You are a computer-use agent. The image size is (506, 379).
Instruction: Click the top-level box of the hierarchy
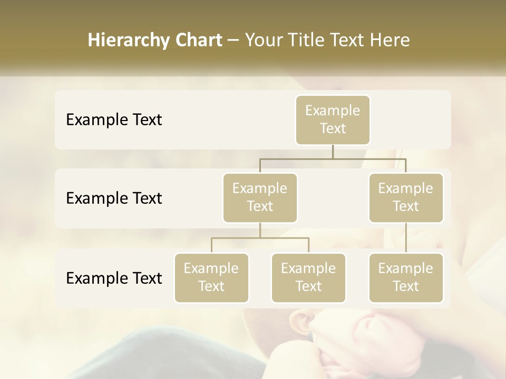point(333,119)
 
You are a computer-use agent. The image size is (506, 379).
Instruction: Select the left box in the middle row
point(260,197)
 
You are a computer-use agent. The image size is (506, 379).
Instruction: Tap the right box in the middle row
point(406,197)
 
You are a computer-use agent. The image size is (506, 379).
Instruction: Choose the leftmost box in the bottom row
point(211,277)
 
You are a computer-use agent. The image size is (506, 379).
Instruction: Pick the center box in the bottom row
point(308,277)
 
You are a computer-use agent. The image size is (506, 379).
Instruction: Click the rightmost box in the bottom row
point(406,277)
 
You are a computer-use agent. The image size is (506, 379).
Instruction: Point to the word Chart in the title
point(196,40)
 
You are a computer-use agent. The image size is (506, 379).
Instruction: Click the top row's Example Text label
point(114,120)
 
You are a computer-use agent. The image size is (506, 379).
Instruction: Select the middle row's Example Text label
point(114,198)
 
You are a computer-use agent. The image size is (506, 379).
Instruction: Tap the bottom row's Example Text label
point(114,278)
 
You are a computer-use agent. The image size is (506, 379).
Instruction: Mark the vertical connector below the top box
point(333,152)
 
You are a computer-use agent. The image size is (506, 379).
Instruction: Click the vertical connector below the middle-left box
point(260,230)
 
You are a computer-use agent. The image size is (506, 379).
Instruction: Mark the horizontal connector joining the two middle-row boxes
point(333,158)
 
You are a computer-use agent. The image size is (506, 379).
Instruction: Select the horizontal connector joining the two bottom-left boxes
point(260,238)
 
